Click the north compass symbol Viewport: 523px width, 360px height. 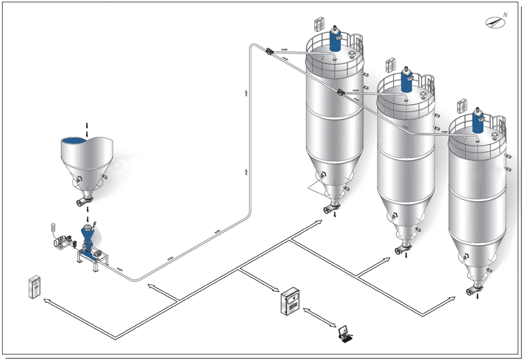coord(495,21)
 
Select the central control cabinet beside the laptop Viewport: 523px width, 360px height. coord(290,301)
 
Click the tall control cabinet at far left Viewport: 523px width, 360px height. coord(34,287)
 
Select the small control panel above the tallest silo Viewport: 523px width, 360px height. coord(319,24)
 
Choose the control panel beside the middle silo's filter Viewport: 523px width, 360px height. coord(390,65)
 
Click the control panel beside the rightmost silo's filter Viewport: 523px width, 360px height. coord(462,106)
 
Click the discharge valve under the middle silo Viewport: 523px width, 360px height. coord(402,249)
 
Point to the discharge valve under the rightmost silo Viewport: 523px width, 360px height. coord(474,290)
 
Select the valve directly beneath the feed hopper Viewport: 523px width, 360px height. coord(84,201)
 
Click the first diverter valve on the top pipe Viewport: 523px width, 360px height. coord(269,52)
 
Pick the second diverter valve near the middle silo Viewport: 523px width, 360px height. coord(341,92)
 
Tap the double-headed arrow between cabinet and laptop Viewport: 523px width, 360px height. coord(320,318)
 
